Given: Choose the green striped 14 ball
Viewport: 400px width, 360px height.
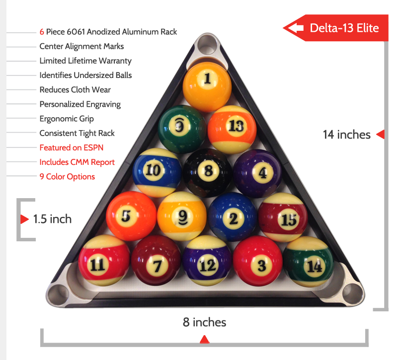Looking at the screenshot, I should click(x=308, y=264).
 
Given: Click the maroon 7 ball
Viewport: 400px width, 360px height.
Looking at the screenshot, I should click(x=156, y=264).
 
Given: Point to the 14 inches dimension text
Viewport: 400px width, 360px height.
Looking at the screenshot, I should click(x=347, y=134).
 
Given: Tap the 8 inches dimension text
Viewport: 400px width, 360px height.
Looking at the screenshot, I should click(x=204, y=322).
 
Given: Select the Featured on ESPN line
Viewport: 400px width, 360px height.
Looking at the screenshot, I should click(x=72, y=147).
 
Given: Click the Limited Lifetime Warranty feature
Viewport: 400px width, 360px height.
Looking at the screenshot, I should click(x=85, y=61).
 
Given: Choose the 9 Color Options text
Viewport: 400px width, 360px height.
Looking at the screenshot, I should click(x=67, y=177).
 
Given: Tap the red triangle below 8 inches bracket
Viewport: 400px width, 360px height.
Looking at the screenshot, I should click(x=204, y=340).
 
